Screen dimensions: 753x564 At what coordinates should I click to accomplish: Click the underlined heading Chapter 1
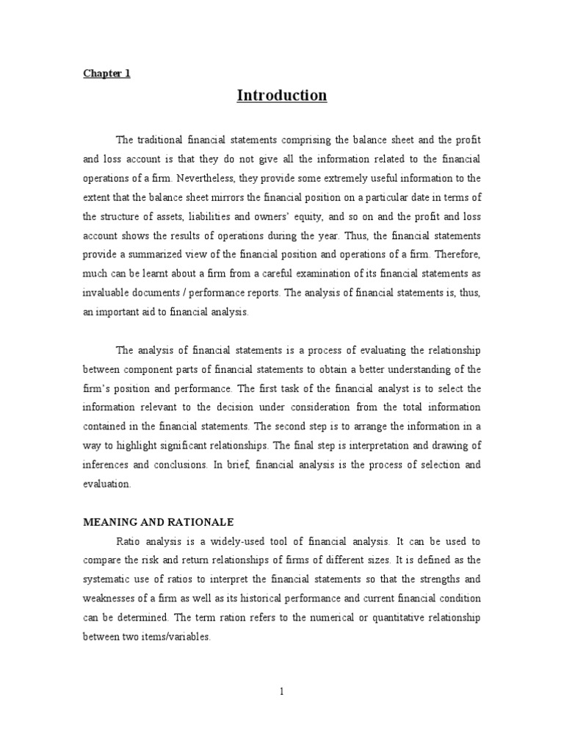[x=106, y=74]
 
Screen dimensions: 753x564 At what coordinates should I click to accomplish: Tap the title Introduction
[x=282, y=96]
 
